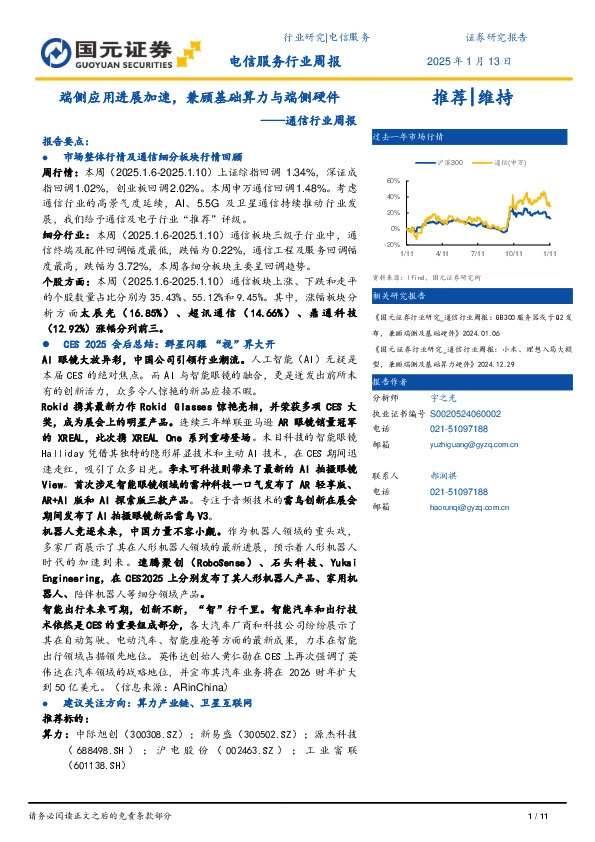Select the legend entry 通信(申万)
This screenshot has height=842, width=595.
point(513,161)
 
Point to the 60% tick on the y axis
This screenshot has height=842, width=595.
point(392,181)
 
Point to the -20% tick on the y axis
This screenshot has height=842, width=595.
point(391,243)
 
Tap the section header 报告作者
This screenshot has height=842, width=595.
point(391,383)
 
